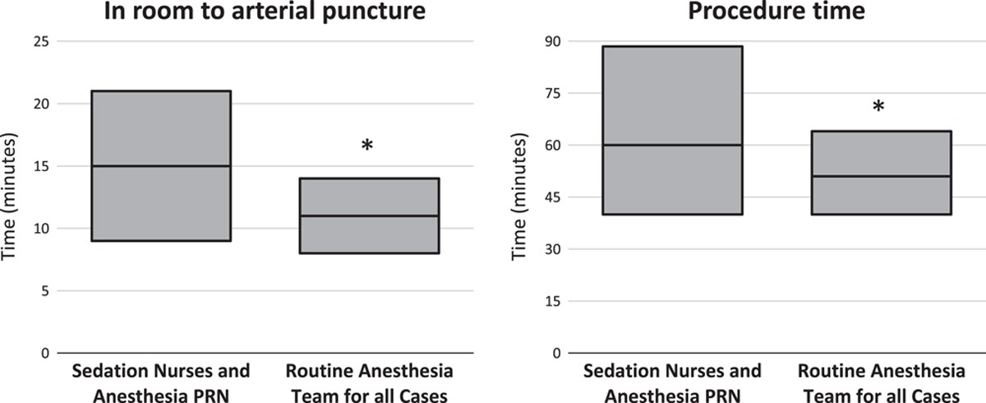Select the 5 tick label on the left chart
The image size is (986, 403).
[x=42, y=291]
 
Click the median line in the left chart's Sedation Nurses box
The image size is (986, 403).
[x=159, y=166]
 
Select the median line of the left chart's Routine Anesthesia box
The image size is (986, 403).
[x=368, y=216]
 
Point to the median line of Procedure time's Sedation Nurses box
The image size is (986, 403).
[x=671, y=146]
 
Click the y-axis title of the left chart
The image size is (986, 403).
[x=12, y=197]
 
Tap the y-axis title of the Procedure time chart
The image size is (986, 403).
[x=519, y=197]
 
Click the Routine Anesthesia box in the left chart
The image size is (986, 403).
[x=368, y=197]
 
